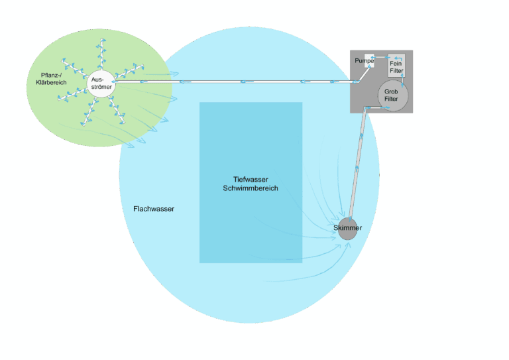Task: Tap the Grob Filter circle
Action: pyautogui.click(x=392, y=96)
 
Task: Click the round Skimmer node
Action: pyautogui.click(x=347, y=229)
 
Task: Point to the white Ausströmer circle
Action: pyautogui.click(x=101, y=84)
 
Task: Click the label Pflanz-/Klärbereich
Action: pyautogui.click(x=51, y=79)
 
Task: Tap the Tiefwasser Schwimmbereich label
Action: pyautogui.click(x=251, y=184)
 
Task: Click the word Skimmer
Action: pyautogui.click(x=347, y=228)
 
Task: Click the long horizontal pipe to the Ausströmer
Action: pyautogui.click(x=232, y=82)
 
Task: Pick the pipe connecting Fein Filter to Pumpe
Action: pyautogui.click(x=382, y=58)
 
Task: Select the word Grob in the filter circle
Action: pyautogui.click(x=391, y=92)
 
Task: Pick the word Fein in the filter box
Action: pyautogui.click(x=396, y=63)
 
